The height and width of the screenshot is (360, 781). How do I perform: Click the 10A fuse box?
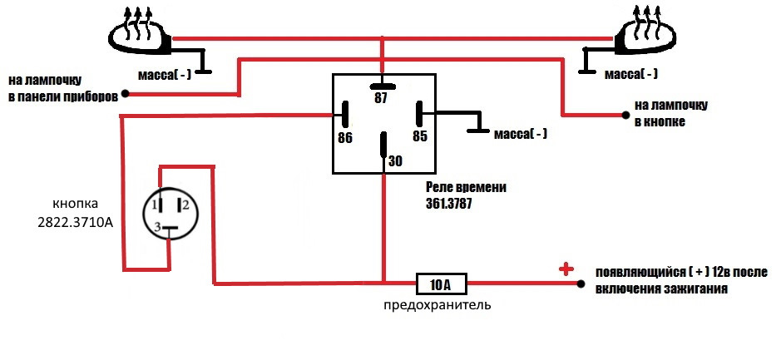[x=442, y=284]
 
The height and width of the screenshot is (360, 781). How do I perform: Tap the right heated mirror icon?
[x=645, y=34]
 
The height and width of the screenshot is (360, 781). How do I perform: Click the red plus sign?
[x=566, y=269]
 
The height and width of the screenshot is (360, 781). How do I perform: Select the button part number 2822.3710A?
[x=76, y=223]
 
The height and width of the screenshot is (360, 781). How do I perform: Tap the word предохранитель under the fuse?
[x=437, y=305]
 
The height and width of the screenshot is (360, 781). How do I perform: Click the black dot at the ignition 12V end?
[x=581, y=284]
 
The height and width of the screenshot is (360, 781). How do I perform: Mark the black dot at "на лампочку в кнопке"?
[x=625, y=115]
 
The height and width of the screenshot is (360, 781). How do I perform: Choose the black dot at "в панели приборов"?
[x=126, y=94]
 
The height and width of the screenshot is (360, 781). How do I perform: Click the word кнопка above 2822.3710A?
[x=76, y=204]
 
